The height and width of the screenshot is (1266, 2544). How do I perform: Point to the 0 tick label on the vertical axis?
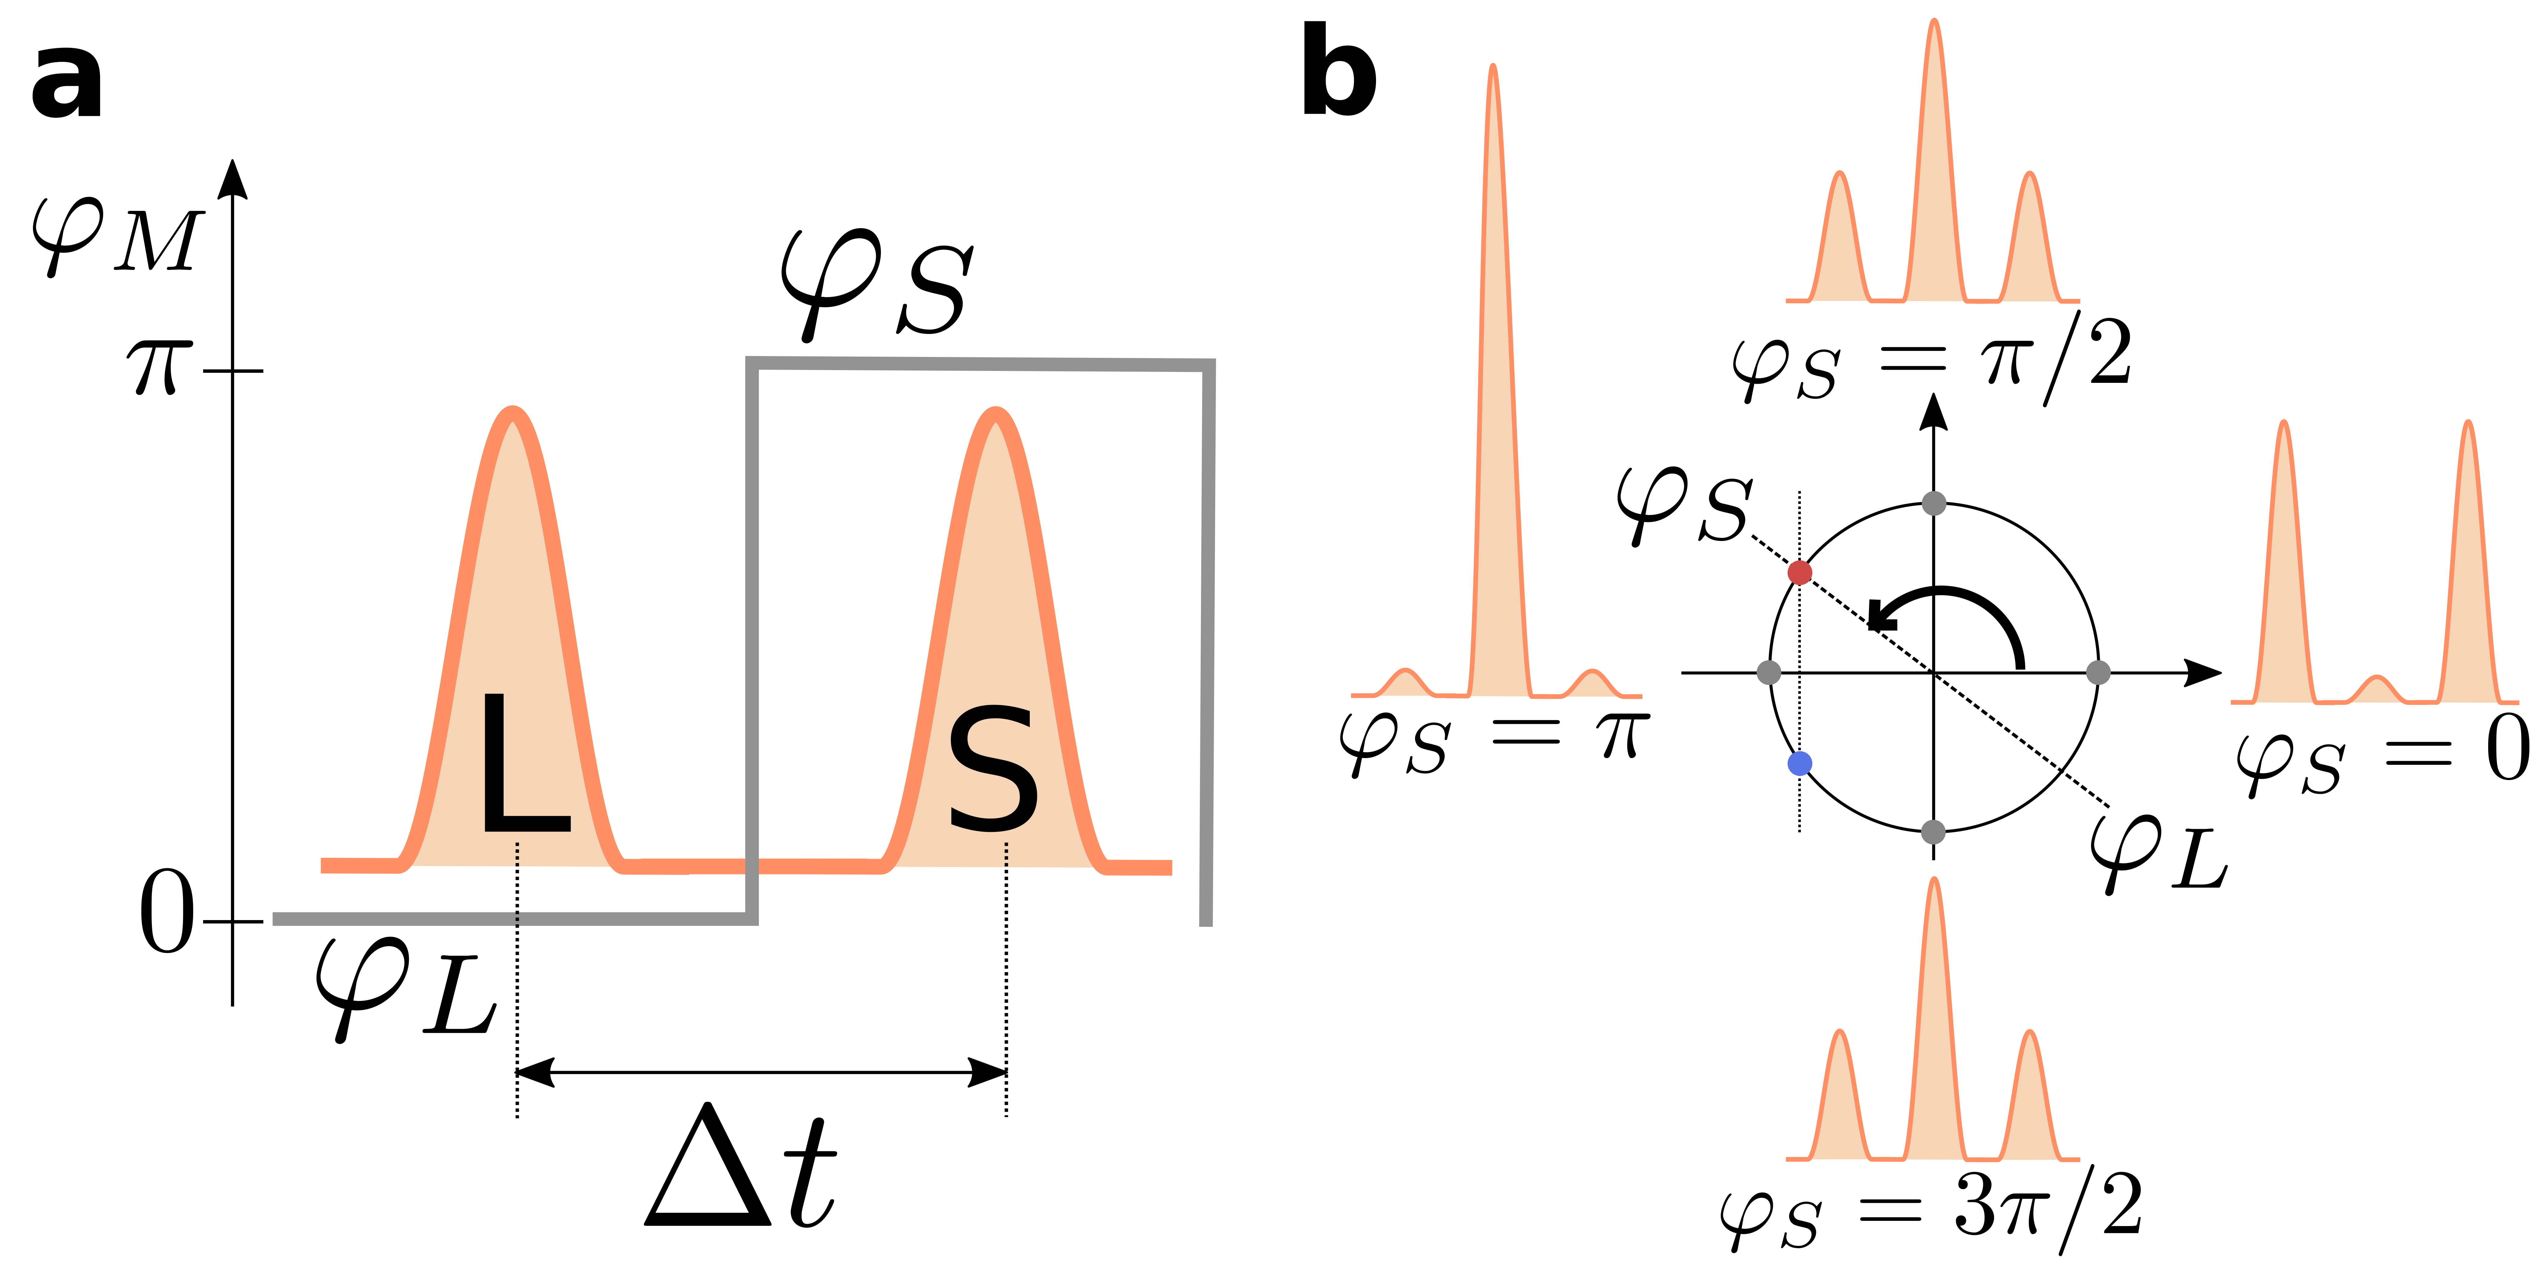pyautogui.click(x=166, y=913)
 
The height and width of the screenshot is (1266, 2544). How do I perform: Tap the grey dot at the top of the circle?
pyautogui.click(x=1934, y=504)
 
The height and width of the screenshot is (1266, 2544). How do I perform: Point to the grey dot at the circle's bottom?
pyautogui.click(x=1934, y=832)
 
